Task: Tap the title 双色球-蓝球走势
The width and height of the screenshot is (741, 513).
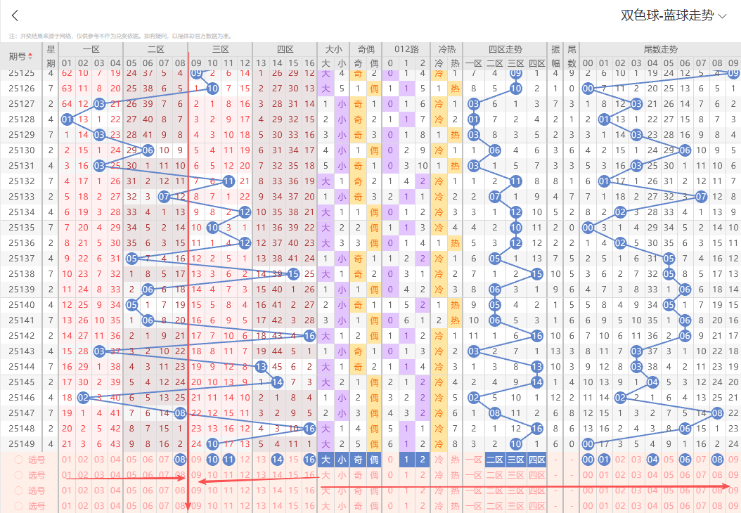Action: coord(667,16)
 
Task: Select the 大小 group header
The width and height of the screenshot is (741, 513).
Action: coord(333,49)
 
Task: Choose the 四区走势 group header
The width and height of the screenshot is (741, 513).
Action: coord(505,49)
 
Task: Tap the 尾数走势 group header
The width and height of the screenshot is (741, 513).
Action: coord(660,49)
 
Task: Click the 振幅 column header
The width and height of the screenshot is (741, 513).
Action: coord(555,56)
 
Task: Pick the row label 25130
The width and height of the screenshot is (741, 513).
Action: coord(22,150)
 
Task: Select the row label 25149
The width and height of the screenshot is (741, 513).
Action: coord(22,443)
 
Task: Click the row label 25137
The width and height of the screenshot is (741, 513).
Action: coord(22,258)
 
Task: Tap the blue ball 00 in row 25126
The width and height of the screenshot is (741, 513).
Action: coord(588,89)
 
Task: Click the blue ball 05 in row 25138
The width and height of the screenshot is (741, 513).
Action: coord(669,273)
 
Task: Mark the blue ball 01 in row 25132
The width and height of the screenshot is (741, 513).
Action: coord(604,181)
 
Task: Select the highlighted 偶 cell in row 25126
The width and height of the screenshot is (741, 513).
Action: coord(374,89)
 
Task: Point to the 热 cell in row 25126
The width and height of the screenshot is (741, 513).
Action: coord(455,89)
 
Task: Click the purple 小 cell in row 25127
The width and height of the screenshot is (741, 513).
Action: coord(342,104)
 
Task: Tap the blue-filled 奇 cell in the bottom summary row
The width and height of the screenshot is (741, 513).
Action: coord(358,460)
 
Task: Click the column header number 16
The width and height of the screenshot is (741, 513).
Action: coord(309,63)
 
